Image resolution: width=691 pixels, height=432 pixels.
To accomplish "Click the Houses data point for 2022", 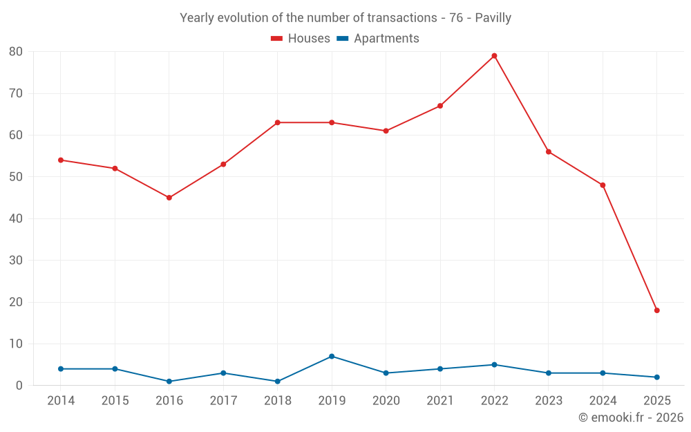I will [x=494, y=56].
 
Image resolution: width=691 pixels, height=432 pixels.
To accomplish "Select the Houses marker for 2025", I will [x=656, y=310].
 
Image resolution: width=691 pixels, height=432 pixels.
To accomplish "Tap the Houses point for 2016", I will [x=169, y=198].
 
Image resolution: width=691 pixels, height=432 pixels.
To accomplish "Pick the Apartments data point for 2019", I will [x=332, y=357].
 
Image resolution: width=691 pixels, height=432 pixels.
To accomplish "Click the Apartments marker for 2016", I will [x=169, y=382].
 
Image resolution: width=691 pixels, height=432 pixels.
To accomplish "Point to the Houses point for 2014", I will [x=61, y=160].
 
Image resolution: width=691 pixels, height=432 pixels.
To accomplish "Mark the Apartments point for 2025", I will [x=656, y=377].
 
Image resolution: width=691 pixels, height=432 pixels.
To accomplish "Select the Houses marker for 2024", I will [x=603, y=185].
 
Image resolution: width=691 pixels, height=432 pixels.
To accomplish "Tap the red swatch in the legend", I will [x=277, y=39].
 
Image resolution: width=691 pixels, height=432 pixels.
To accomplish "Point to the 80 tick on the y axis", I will [x=16, y=52].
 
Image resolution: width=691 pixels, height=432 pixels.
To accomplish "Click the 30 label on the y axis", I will [x=16, y=261].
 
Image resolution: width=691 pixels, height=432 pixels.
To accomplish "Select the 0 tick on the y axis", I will [x=19, y=386].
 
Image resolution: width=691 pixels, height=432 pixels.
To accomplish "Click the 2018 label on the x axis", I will [x=278, y=401].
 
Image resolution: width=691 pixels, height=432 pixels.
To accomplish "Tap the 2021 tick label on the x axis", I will [x=440, y=401].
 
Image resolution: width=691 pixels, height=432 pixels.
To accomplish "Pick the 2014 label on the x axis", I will [x=61, y=401].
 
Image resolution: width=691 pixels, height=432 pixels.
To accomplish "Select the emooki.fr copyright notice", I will [x=631, y=417].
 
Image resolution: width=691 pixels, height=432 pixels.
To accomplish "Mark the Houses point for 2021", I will [x=440, y=106].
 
